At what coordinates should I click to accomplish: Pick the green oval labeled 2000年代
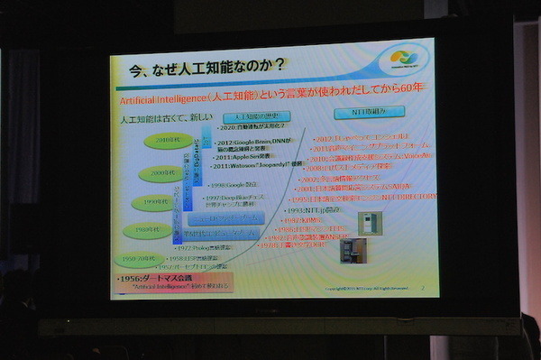point(162,173)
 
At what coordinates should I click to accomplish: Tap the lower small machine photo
point(353,253)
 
